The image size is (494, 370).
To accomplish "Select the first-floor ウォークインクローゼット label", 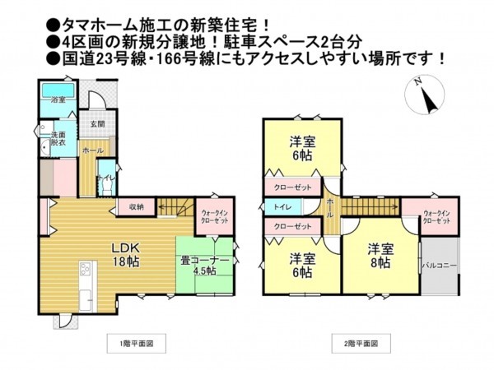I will (x=216, y=218).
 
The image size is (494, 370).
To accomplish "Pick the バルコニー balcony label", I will (x=440, y=266).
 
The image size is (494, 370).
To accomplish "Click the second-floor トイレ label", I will (x=281, y=206).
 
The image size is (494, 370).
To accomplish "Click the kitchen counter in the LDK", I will (x=84, y=280).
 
